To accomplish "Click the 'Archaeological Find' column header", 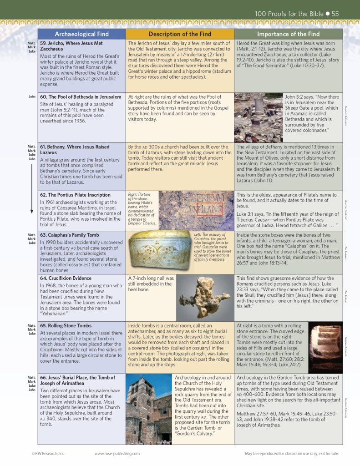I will (81, 34).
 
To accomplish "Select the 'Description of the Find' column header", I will (180, 34).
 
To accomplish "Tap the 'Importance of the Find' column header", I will (288, 34).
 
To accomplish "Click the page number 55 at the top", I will (335, 14).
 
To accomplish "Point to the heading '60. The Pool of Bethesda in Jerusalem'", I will (81, 97).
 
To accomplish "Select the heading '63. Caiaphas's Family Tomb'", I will (66, 235).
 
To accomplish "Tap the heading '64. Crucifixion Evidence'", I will (66, 278).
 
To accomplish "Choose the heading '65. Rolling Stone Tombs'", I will (66, 326).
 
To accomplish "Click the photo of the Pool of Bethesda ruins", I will (258, 118).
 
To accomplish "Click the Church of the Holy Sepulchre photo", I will (149, 409).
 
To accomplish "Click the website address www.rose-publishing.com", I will (117, 453).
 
